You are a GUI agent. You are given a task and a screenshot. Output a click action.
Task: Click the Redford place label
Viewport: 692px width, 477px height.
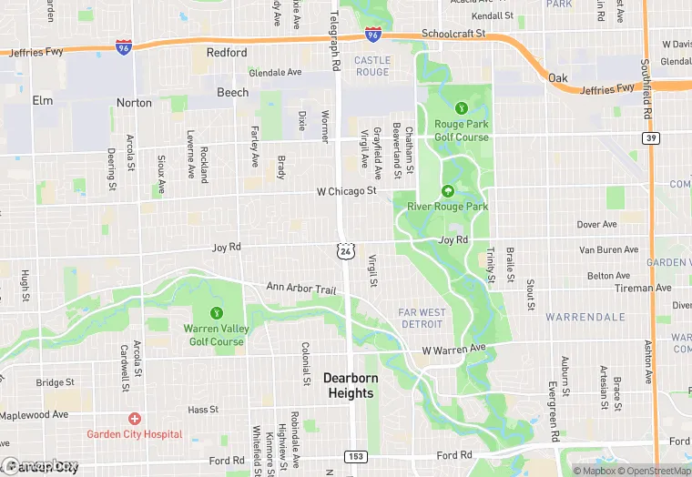coord(227,53)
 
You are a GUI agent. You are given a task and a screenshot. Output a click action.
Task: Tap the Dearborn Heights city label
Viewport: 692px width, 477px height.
coord(350,385)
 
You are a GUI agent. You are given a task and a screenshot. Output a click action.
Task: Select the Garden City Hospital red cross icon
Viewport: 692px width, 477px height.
coord(134,419)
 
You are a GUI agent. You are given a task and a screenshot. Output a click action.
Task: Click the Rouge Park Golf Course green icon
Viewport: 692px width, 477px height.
coord(462,110)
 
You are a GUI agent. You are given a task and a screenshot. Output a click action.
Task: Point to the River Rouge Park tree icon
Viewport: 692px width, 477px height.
coord(447,191)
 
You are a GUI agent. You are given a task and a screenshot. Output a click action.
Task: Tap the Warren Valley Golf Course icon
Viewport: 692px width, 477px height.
coord(216,314)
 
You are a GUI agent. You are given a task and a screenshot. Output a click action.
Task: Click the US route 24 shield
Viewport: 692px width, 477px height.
coord(344,249)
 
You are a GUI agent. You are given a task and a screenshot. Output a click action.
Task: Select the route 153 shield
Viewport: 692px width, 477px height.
coord(357,455)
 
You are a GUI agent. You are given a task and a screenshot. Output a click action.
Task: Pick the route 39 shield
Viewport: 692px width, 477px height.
coord(649,137)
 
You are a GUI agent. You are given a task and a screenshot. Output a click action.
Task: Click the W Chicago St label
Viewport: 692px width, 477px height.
coord(346,192)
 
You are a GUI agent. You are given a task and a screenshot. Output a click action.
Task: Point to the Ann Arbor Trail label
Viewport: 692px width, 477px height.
coord(301,288)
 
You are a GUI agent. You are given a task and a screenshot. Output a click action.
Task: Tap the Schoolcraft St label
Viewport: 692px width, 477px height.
coord(453,34)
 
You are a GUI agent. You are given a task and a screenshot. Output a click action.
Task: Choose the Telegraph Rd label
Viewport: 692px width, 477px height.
coord(334,36)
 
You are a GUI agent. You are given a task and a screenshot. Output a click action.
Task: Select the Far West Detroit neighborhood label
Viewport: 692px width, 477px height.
coord(422,319)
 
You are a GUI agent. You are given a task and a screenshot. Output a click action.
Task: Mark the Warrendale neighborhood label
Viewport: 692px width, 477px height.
coord(585,317)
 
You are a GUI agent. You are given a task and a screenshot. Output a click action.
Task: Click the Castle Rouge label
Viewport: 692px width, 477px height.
coord(371,66)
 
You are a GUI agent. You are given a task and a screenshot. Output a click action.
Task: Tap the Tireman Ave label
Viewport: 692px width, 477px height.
coord(642,288)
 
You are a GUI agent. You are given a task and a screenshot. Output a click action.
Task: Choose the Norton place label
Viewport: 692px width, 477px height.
coord(134,103)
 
